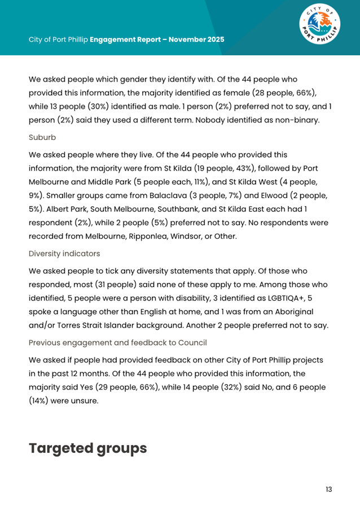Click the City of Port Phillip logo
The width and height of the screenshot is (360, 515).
(x=319, y=28)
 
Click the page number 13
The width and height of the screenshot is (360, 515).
(x=329, y=489)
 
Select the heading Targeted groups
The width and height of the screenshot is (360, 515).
(x=88, y=448)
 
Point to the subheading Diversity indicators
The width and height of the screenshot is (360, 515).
(x=64, y=254)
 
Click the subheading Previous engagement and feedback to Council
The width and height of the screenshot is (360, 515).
(x=117, y=342)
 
